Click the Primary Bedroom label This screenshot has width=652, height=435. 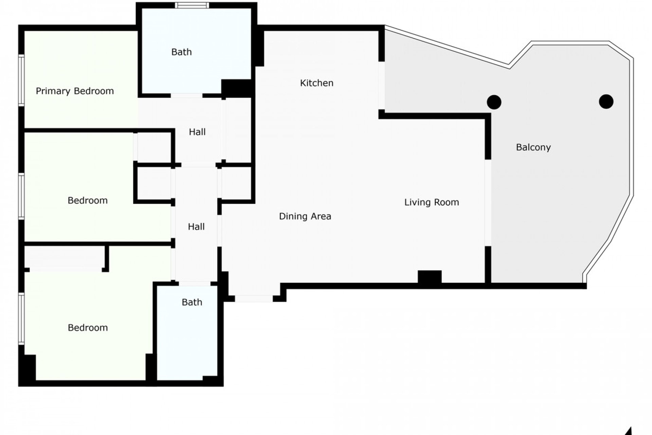tap(75, 91)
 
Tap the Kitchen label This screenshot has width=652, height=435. tap(316, 83)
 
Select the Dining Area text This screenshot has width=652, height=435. tap(305, 216)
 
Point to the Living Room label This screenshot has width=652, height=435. tap(431, 202)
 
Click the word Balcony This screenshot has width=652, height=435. tap(533, 147)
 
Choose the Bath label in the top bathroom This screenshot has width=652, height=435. tap(181, 52)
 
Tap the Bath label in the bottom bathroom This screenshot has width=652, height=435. tap(192, 302)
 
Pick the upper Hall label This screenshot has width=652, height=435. tap(197, 132)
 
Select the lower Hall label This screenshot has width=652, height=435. tap(196, 227)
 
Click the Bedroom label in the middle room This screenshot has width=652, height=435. tap(88, 201)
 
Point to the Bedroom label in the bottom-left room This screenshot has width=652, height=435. tap(88, 328)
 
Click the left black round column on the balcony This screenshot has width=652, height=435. tap(494, 102)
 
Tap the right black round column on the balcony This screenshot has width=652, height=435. tap(606, 101)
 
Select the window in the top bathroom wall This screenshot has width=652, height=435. tap(192, 5)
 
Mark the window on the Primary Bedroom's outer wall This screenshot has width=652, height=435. tap(21, 80)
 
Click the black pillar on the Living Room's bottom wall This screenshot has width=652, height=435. tap(430, 277)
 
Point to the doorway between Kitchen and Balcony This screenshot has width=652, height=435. tap(382, 86)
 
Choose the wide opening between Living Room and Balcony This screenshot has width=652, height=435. tap(488, 203)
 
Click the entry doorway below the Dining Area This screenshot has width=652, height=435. tap(254, 299)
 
